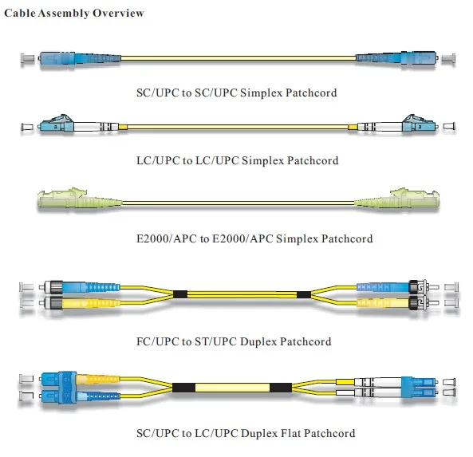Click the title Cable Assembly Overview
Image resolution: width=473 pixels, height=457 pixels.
tap(74, 14)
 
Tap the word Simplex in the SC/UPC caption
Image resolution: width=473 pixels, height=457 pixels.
tap(262, 93)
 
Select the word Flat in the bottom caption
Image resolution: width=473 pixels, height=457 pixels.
tap(291, 433)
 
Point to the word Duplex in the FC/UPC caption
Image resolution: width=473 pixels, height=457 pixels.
tap(258, 341)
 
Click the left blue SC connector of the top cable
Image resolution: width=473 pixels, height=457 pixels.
tap(80, 58)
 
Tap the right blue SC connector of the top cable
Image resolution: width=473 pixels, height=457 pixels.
tap(396, 57)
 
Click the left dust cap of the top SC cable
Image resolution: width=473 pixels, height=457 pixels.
tap(27, 58)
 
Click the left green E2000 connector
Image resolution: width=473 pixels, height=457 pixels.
tap(80, 199)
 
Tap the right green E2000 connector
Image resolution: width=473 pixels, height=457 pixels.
tap(396, 199)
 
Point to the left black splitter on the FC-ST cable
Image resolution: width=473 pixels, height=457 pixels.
tap(180, 294)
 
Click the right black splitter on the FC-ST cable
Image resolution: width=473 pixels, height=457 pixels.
tap(304, 294)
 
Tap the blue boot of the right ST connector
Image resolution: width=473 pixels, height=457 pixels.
tap(383, 287)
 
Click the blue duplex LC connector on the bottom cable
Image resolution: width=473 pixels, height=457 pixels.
tap(420, 387)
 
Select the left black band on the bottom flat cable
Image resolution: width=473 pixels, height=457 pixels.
tap(183, 388)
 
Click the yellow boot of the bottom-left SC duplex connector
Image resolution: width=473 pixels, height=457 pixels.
tap(98, 379)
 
